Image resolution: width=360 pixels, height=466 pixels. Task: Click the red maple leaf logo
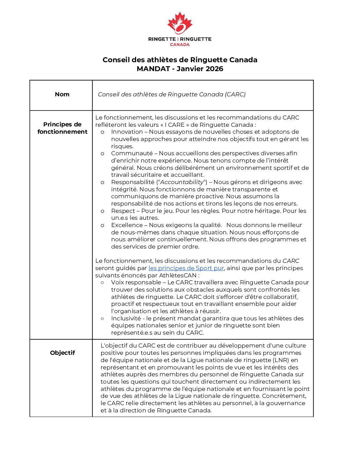coord(180,23)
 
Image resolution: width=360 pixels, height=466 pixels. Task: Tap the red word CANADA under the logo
coord(180,44)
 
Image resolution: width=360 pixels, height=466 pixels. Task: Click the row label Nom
coord(62,94)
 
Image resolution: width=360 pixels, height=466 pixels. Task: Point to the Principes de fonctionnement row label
coord(62,128)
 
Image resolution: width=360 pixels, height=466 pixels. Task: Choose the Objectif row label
coord(63,353)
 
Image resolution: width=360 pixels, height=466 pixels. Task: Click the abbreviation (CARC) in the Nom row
coord(235,94)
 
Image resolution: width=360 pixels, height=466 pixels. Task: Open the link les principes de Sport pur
coord(186,268)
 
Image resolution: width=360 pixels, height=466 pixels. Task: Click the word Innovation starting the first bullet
coord(127,132)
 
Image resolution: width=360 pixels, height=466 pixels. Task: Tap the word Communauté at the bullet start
coord(132,153)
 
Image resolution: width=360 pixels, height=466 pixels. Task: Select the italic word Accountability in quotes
coord(182,182)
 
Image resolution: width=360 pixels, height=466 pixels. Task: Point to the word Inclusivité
coord(126,318)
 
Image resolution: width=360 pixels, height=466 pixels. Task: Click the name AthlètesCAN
coord(178,275)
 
